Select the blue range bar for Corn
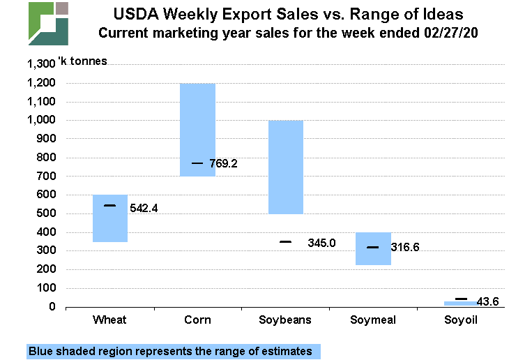197,130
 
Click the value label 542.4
144,208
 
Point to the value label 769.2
224,164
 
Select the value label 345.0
321,243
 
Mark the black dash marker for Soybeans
285,242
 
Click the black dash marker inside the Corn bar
197,163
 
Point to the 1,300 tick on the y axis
40,64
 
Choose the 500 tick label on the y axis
46,213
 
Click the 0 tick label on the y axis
52,307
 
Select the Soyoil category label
460,320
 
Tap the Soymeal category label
372,320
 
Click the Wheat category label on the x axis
110,320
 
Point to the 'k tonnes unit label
85,61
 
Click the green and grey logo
48,23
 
